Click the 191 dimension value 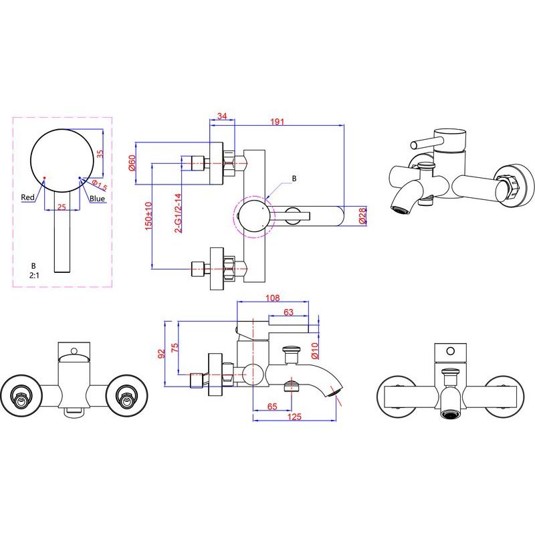coord(277,122)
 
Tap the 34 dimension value coord(222,116)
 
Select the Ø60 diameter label coord(132,163)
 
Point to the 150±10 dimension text coord(148,215)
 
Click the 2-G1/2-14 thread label coord(178,213)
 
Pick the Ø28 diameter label coord(362,215)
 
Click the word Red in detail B coord(27,197)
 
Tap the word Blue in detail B coord(97,199)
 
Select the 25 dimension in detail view coord(62,207)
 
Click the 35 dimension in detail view coord(100,154)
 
